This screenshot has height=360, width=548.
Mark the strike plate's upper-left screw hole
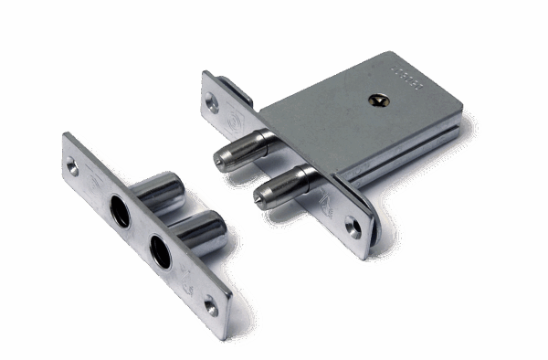point(72,165)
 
